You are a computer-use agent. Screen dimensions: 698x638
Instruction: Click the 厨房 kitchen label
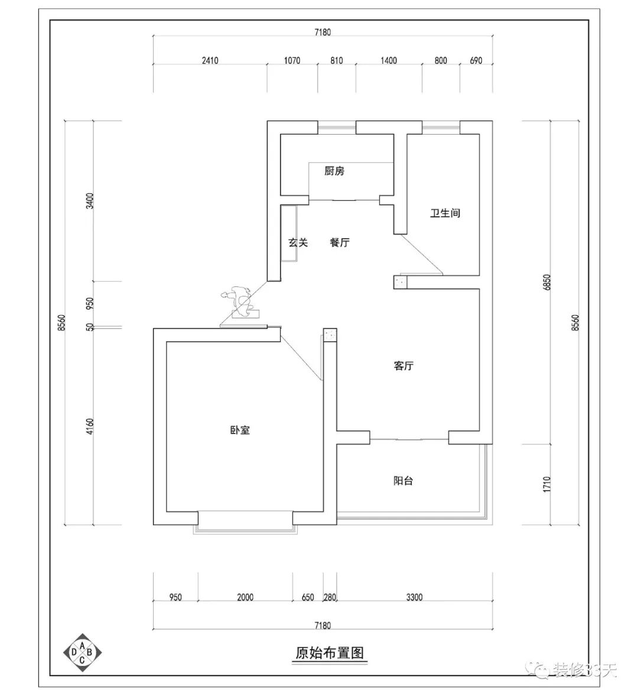[334, 172]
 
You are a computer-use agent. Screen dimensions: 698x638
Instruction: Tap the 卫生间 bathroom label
[445, 213]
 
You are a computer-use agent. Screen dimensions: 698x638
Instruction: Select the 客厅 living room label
[403, 366]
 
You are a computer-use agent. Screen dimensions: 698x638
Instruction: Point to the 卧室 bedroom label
[240, 430]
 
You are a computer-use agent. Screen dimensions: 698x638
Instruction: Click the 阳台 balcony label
[403, 481]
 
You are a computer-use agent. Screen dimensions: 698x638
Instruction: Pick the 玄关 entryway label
[298, 242]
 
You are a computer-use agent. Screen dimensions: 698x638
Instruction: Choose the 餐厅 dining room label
[340, 242]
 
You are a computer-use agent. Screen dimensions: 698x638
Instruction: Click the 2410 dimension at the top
[210, 60]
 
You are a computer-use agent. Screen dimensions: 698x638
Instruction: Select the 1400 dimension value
[389, 60]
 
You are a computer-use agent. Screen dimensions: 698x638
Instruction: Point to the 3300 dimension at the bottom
[414, 597]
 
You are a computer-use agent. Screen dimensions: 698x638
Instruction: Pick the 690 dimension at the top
[476, 60]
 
